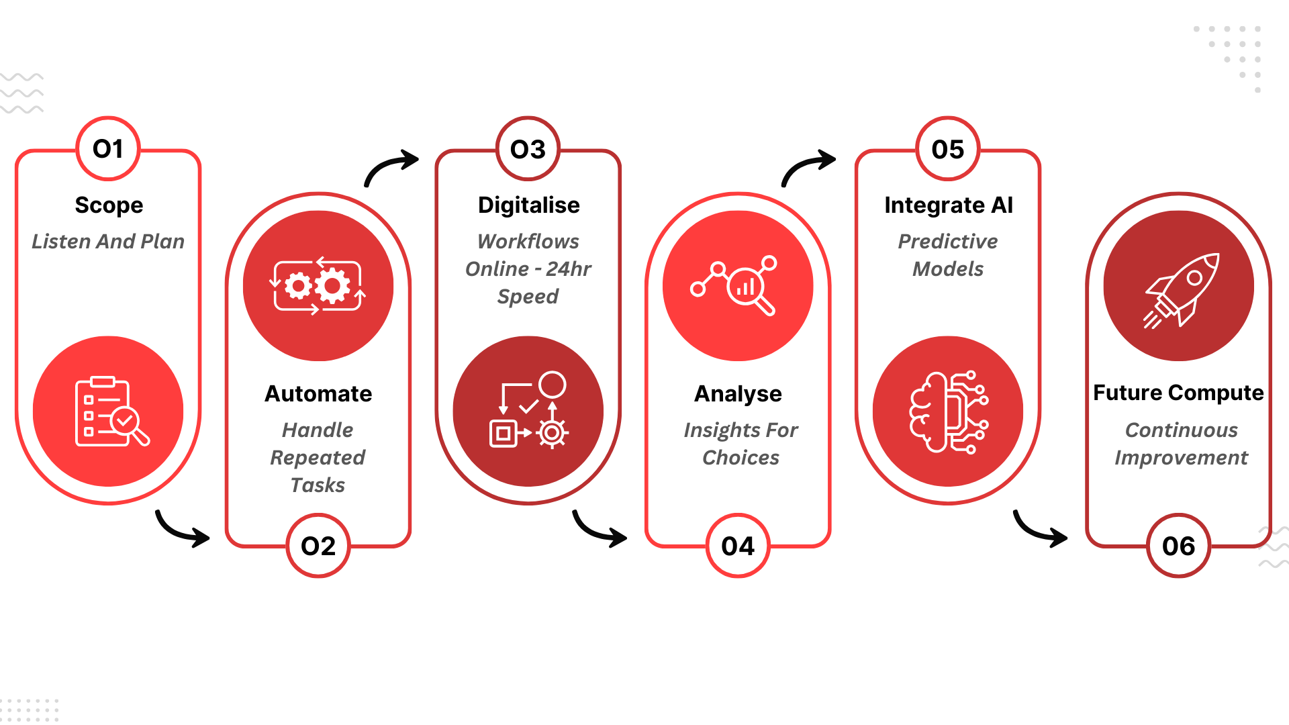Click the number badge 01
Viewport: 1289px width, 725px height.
click(x=108, y=149)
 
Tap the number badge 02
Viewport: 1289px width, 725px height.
click(x=318, y=546)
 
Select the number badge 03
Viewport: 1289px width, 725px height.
click(x=528, y=149)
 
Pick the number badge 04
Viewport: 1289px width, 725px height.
click(x=738, y=546)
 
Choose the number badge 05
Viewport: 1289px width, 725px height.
click(x=948, y=149)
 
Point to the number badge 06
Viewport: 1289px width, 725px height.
click(x=1179, y=546)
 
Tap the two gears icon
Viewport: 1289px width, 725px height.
click(x=318, y=286)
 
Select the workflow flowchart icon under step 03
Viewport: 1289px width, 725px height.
click(x=529, y=410)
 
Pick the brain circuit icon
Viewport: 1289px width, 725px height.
click(x=948, y=412)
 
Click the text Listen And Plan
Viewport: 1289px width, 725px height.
click(x=108, y=241)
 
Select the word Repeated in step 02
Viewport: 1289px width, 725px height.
click(x=318, y=458)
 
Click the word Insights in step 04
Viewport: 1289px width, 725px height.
click(x=712, y=430)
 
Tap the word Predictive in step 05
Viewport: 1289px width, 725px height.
click(x=948, y=241)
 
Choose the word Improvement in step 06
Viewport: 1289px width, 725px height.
click(x=1181, y=458)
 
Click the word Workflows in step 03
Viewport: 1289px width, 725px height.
click(x=528, y=241)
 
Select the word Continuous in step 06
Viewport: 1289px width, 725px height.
click(x=1181, y=430)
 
